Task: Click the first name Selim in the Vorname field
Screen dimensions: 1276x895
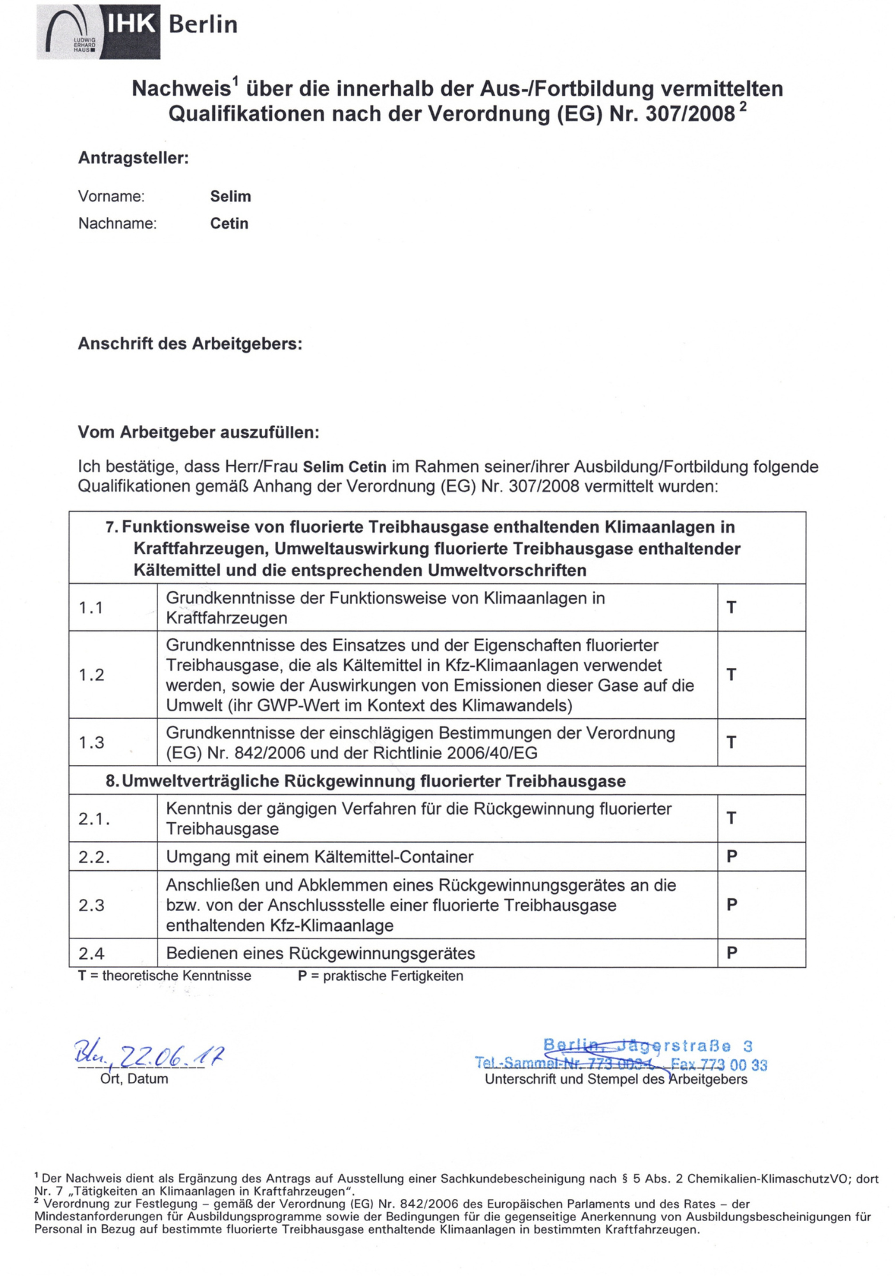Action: coord(230,197)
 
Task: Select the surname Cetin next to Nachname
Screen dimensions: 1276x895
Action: coord(229,224)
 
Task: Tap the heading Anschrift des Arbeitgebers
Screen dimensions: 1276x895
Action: coord(189,344)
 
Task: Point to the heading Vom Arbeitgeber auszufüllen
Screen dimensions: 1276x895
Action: coord(198,433)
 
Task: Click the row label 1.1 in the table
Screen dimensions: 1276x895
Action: coord(91,608)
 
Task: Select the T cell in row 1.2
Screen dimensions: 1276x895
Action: coord(732,675)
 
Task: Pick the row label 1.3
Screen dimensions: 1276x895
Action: coord(91,743)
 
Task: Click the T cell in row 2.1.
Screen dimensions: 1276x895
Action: coord(732,818)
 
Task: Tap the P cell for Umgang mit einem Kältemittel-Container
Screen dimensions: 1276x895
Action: coord(732,856)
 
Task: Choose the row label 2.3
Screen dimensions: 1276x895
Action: coord(91,905)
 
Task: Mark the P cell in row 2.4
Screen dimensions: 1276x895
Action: coord(732,953)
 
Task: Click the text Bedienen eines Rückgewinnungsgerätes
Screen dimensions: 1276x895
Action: coord(320,954)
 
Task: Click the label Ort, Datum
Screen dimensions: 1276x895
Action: coord(134,1079)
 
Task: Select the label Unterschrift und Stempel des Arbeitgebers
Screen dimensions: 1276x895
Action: coord(616,1079)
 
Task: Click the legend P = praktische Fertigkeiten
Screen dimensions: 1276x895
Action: coord(380,976)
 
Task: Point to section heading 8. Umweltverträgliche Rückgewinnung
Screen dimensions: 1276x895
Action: coord(366,782)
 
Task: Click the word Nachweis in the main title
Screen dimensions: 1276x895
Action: coord(181,89)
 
